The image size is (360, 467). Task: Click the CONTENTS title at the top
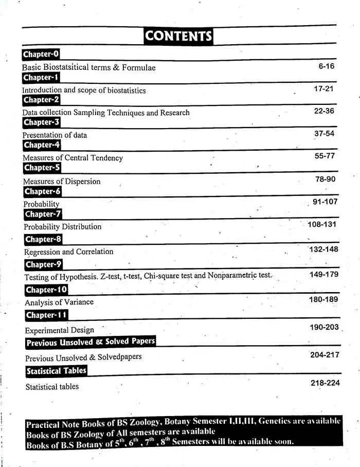178,35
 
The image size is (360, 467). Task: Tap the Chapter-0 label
41,54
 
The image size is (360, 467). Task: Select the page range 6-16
326,66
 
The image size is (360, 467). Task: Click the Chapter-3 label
42,122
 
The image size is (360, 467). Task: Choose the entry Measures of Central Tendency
73,158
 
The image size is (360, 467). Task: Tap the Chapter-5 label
42,168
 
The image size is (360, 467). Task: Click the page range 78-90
325,179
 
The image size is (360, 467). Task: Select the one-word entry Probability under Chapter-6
41,204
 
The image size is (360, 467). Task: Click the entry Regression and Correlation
68,252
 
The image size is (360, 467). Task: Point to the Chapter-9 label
44,264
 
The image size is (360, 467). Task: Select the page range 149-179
323,275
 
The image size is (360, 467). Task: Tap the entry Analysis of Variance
59,302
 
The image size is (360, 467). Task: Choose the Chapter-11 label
46,315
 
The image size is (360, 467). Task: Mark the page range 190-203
325,327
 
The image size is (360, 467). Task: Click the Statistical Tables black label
56,371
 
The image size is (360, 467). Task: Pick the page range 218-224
325,383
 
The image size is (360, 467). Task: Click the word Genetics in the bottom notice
275,421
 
